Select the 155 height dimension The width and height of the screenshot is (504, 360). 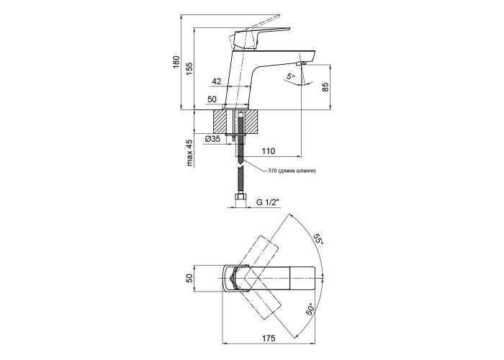[x=189, y=68]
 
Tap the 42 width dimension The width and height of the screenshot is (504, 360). [x=217, y=82]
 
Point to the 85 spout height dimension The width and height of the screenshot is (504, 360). [x=325, y=86]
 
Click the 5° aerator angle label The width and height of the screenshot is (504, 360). [x=290, y=76]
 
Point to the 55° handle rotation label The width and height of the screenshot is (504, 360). [x=318, y=240]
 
